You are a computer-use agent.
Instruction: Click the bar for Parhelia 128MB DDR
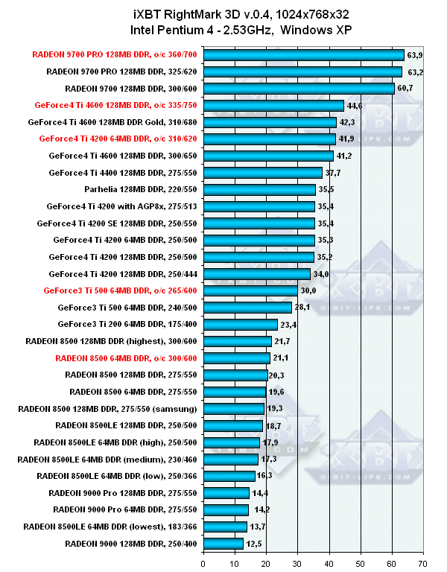[259, 189]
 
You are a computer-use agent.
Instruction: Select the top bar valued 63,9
[303, 54]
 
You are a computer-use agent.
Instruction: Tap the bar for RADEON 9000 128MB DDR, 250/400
[223, 544]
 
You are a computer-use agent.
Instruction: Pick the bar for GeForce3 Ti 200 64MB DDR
[240, 324]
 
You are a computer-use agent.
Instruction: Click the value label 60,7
[408, 89]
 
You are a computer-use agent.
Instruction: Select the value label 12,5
[255, 544]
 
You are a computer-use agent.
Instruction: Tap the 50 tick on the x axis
[361, 564]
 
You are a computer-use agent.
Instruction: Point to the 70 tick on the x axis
[423, 564]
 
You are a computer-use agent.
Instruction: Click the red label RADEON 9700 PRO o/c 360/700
[114, 54]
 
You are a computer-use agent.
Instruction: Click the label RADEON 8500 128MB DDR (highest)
[111, 341]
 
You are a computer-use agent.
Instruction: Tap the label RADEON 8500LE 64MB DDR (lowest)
[110, 527]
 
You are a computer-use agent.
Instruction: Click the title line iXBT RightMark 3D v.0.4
[223, 13]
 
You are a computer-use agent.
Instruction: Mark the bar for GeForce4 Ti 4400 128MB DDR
[262, 173]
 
